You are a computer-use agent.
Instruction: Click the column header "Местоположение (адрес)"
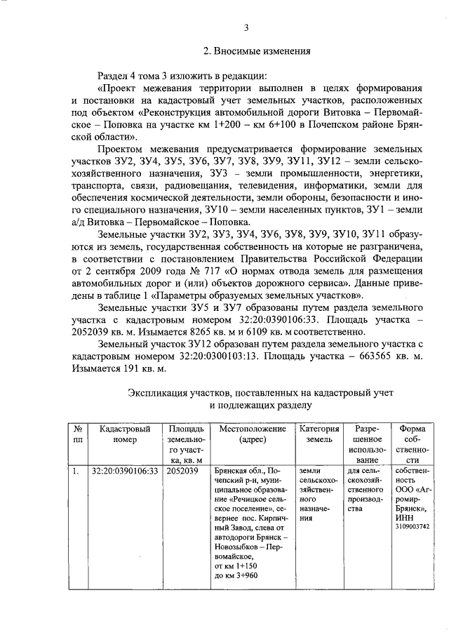coord(252,434)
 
